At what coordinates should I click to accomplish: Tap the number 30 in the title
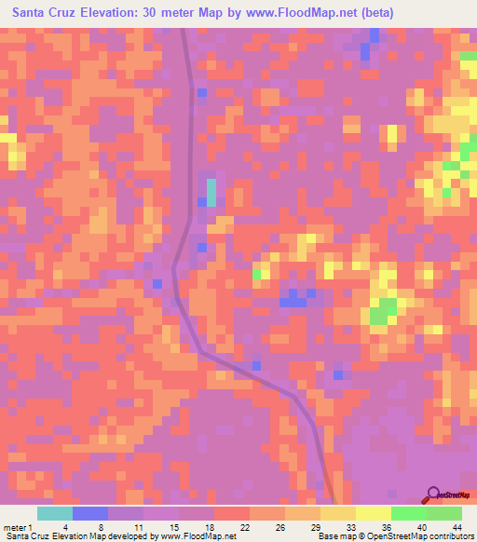click(x=153, y=13)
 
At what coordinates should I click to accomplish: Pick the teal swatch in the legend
click(x=54, y=513)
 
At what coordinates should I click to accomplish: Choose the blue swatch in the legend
click(x=89, y=513)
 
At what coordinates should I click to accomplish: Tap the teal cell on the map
click(x=211, y=192)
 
